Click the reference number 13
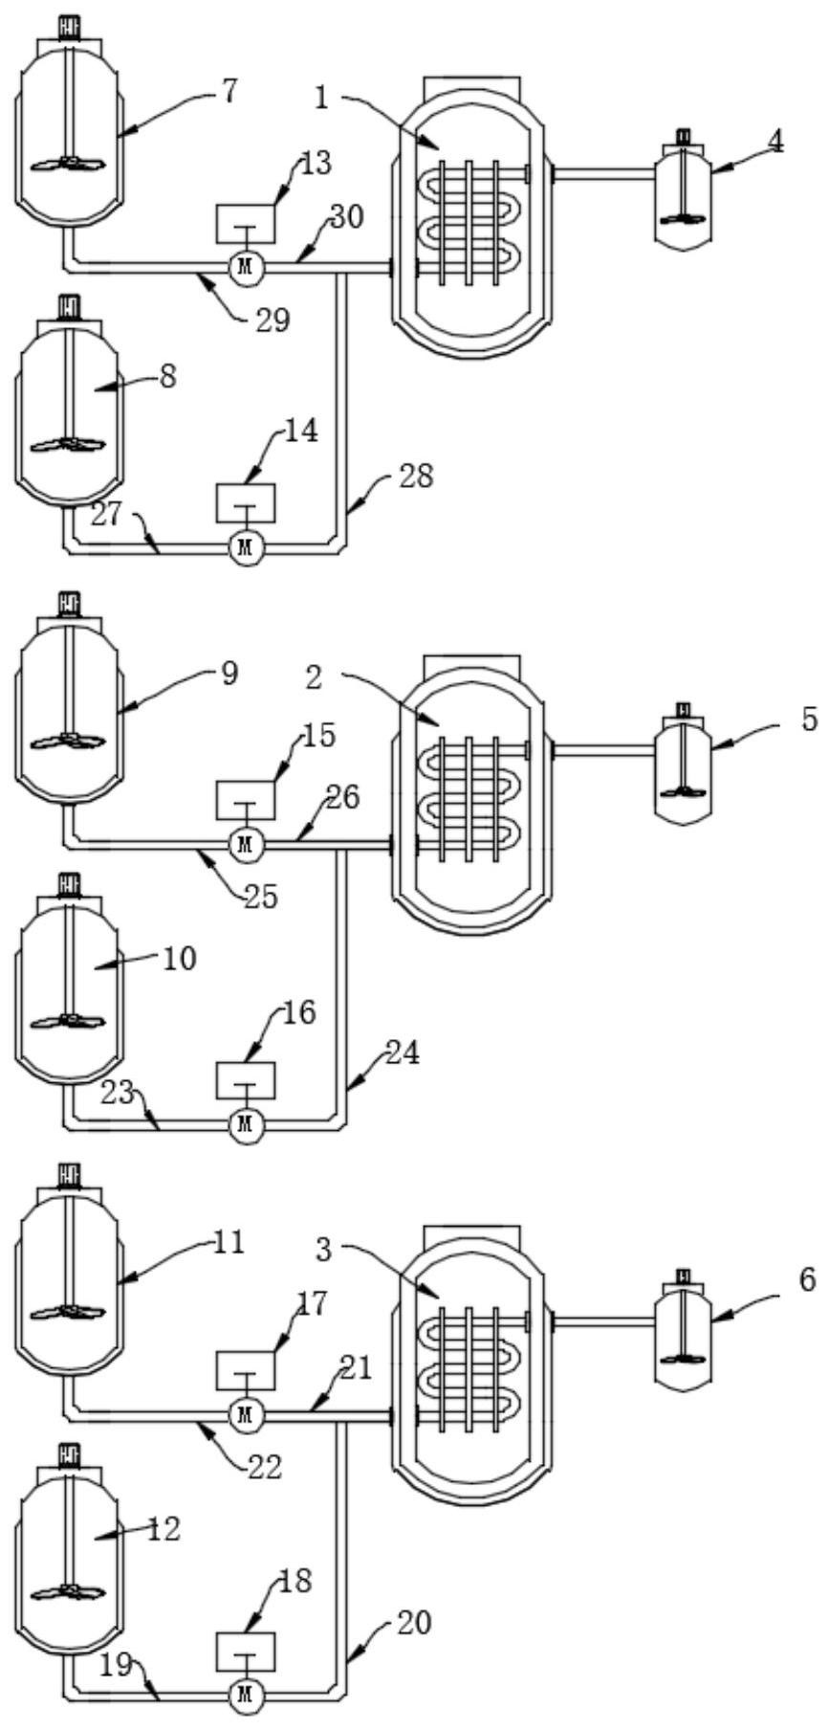(x=316, y=164)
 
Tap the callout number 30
(x=347, y=218)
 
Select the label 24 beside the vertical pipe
(x=403, y=1054)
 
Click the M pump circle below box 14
(x=247, y=546)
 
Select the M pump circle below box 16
(x=247, y=1124)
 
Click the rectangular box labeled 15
(x=247, y=799)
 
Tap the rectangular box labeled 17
(x=247, y=1369)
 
